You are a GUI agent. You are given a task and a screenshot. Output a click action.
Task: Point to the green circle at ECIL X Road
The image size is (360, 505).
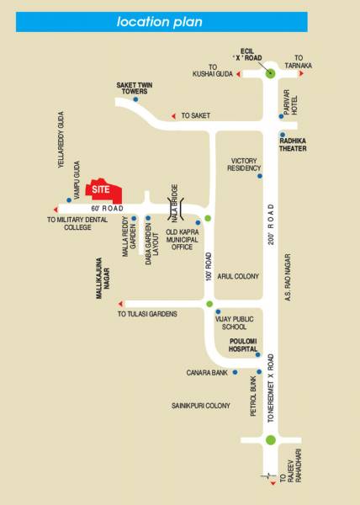pyautogui.click(x=270, y=73)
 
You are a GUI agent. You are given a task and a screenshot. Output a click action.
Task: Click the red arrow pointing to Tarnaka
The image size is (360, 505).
pyautogui.click(x=301, y=74)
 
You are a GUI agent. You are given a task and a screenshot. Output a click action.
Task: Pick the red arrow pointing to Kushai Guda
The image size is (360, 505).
pyautogui.click(x=238, y=75)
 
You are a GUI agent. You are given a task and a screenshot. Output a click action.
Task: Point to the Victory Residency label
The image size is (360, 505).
pyautogui.click(x=244, y=163)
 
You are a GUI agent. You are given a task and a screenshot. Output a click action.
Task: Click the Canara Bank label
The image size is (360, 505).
pyautogui.click(x=205, y=371)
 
